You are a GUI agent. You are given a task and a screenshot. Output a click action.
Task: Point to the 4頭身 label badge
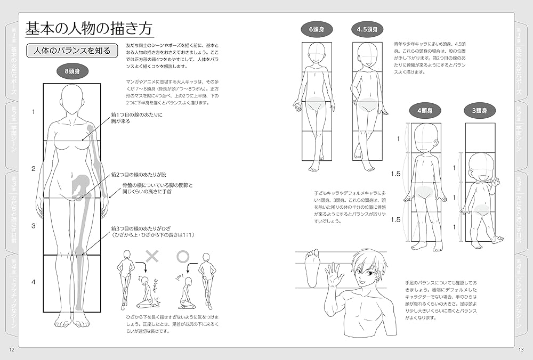click(424, 111)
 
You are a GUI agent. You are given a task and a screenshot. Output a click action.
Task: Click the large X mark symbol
click(153, 256)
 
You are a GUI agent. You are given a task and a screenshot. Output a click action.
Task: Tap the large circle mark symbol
click(183, 256)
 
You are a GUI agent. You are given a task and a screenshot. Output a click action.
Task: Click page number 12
click(12, 349)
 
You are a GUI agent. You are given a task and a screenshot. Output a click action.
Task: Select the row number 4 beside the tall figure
click(33, 282)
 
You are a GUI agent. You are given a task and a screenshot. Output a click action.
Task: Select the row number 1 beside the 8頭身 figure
click(33, 112)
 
